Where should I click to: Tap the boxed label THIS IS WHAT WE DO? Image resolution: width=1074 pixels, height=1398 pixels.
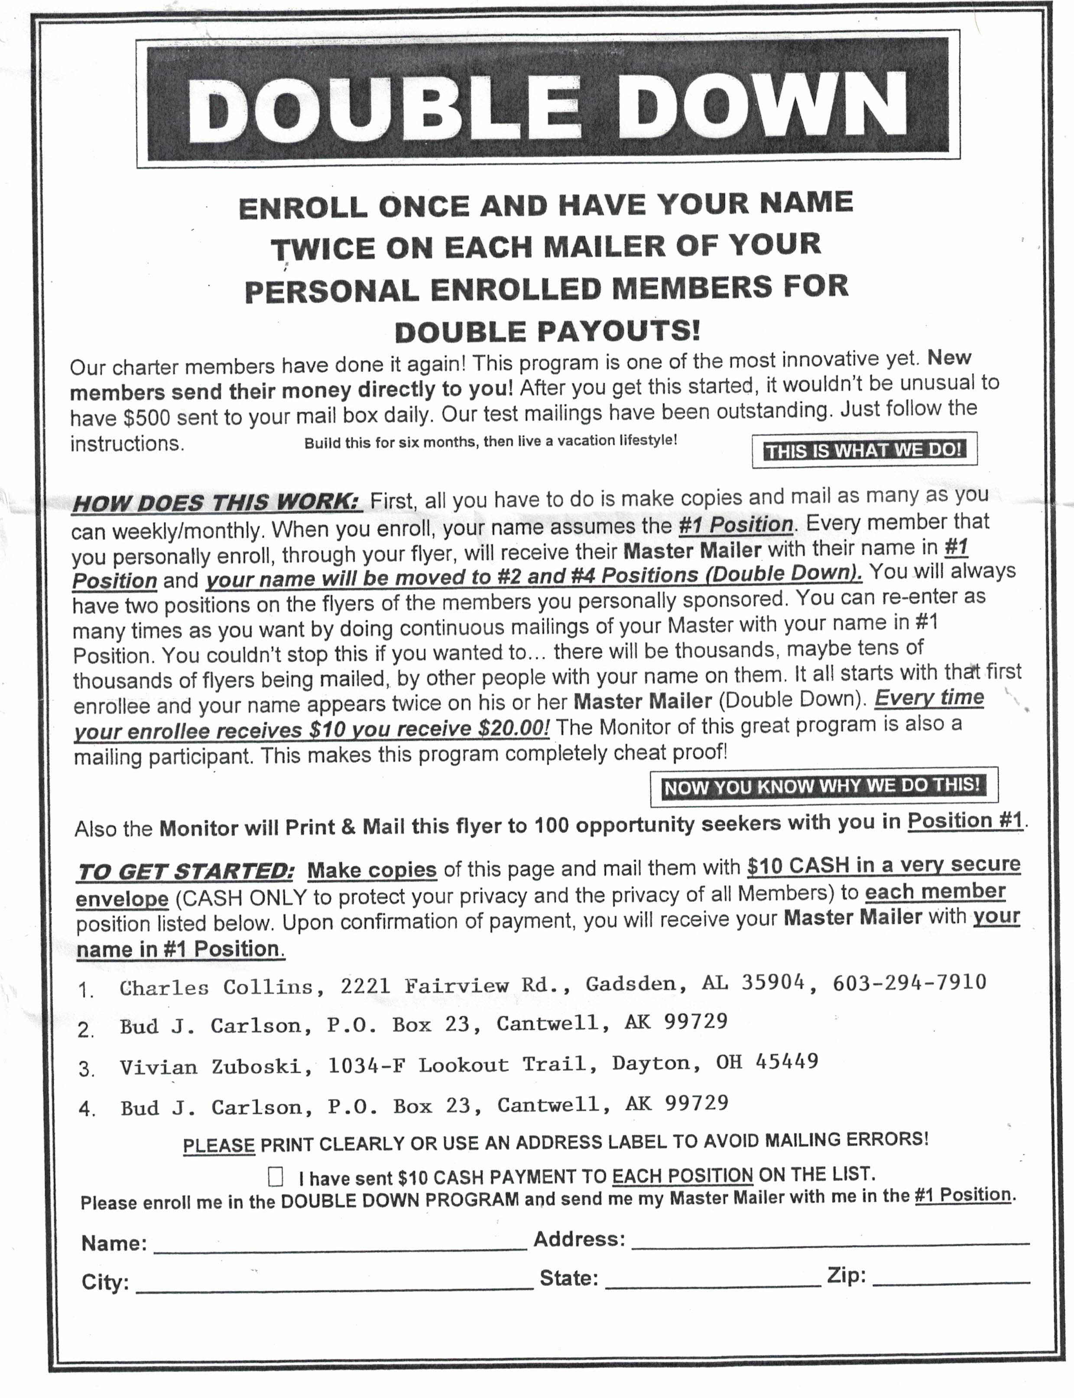coord(864,450)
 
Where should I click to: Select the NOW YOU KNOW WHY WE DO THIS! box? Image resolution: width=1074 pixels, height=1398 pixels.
coord(824,786)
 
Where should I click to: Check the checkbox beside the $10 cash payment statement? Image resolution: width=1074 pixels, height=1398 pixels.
coord(276,1177)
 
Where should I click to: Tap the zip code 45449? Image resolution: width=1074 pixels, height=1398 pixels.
coord(786,1061)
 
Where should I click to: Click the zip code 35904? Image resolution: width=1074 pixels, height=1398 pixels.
coord(773,983)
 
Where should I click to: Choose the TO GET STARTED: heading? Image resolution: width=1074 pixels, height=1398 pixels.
coord(186,872)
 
